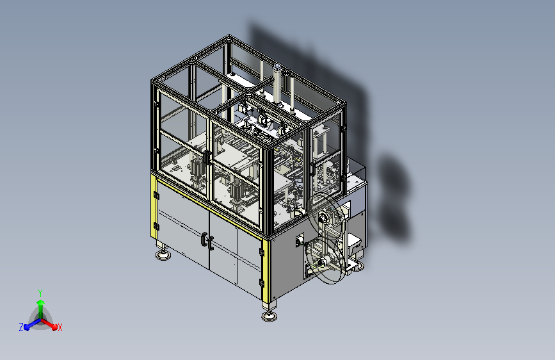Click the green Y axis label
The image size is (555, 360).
[40, 293]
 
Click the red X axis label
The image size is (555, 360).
[60, 327]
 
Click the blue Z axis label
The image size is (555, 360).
[21, 327]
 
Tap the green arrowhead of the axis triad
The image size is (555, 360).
[41, 303]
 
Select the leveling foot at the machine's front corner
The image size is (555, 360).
[269, 316]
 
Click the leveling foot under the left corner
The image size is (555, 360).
[163, 255]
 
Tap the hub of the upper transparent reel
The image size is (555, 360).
[323, 217]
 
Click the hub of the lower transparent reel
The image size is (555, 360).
[322, 263]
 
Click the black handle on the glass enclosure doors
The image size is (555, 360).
[206, 157]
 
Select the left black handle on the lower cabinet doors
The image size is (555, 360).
[204, 239]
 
